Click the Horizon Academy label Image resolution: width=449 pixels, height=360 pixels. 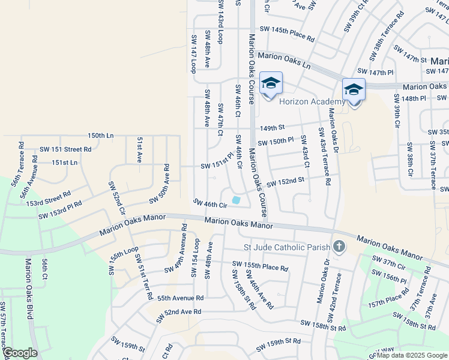(x=312, y=101)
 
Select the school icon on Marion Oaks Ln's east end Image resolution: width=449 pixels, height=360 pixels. (x=354, y=91)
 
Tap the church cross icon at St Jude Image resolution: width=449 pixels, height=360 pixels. (x=339, y=247)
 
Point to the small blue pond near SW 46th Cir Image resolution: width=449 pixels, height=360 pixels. (x=236, y=200)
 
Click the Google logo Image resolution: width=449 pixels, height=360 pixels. (x=20, y=353)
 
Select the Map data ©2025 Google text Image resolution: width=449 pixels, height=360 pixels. (x=412, y=355)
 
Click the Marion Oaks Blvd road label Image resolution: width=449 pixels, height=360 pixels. (x=28, y=288)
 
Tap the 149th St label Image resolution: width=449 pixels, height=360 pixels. (x=272, y=128)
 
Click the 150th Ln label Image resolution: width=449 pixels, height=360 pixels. (x=100, y=136)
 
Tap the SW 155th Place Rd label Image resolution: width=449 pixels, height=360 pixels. (x=260, y=266)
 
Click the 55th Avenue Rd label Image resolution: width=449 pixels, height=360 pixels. (x=180, y=298)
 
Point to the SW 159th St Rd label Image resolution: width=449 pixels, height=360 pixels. (x=278, y=345)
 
